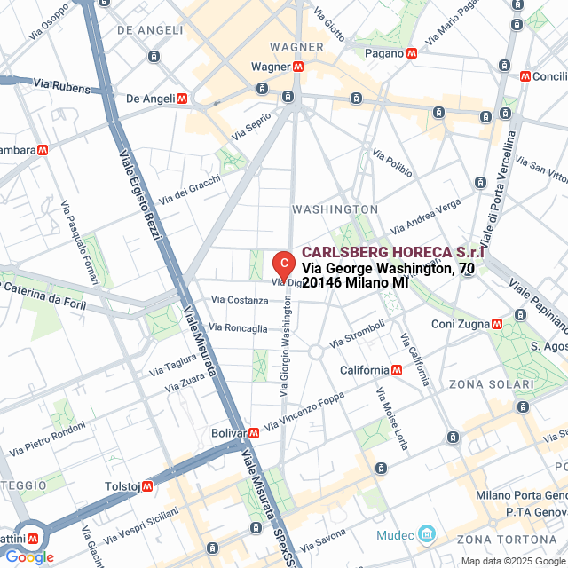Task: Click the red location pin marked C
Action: click(282, 264)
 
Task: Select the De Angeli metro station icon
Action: click(182, 99)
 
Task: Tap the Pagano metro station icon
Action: click(412, 53)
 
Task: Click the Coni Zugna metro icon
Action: click(496, 324)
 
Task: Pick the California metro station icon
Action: click(396, 370)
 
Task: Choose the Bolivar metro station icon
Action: click(254, 433)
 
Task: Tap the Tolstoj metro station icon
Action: click(147, 485)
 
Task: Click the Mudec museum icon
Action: click(428, 534)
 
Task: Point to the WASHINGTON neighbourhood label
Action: click(335, 209)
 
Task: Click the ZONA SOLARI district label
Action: click(491, 384)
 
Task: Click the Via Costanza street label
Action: click(240, 301)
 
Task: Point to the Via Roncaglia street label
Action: click(239, 328)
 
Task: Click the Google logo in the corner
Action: click(29, 557)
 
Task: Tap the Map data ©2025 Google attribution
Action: click(511, 561)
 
